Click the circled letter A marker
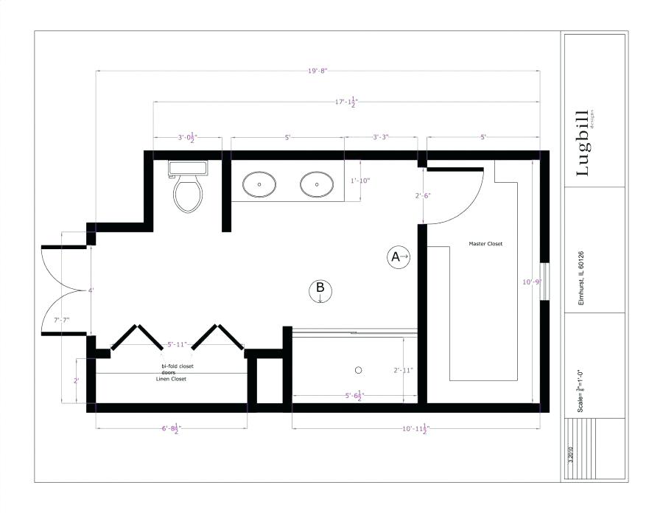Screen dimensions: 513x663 click(x=398, y=256)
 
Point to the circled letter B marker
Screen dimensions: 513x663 click(x=320, y=290)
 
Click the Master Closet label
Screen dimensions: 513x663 click(x=485, y=244)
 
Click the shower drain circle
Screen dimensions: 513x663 click(x=359, y=369)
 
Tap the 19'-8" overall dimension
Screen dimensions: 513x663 click(x=318, y=71)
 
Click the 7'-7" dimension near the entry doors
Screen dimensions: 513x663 click(x=62, y=320)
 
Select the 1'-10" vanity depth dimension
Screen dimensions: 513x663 click(x=359, y=180)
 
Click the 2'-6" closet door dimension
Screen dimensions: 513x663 click(x=422, y=195)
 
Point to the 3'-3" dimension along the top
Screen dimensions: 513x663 click(x=380, y=137)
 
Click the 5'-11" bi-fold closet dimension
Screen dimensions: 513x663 click(x=177, y=344)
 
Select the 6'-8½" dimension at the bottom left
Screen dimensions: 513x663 click(x=170, y=427)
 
